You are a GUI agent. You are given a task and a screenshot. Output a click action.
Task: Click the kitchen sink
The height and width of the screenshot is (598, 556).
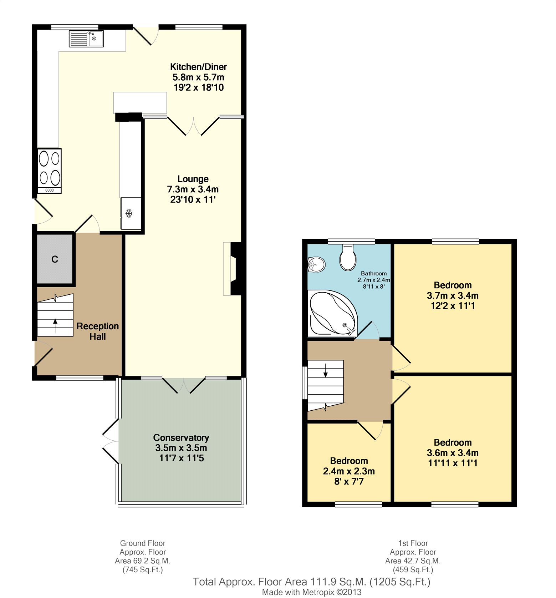pyautogui.click(x=86, y=39)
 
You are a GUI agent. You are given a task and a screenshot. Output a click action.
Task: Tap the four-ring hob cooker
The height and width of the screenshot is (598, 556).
pyautogui.click(x=50, y=171)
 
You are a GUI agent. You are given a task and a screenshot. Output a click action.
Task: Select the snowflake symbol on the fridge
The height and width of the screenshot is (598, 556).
pyautogui.click(x=129, y=213)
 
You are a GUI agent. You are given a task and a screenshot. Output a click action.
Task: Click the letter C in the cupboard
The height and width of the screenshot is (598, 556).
pyautogui.click(x=55, y=259)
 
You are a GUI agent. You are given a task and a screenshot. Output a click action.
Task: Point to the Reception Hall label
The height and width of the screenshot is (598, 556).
pyautogui.click(x=98, y=331)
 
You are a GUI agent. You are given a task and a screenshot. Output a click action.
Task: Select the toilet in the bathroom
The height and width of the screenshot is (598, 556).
pyautogui.click(x=348, y=257)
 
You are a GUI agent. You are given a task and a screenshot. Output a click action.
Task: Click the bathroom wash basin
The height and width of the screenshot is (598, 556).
pyautogui.click(x=316, y=265)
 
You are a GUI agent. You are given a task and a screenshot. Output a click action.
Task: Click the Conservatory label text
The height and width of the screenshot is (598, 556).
pyautogui.click(x=181, y=437)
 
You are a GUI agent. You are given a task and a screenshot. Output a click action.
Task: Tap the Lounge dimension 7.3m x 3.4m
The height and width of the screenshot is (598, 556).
pyautogui.click(x=193, y=189)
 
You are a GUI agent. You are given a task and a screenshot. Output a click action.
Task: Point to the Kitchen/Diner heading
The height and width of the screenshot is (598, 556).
pyautogui.click(x=199, y=67)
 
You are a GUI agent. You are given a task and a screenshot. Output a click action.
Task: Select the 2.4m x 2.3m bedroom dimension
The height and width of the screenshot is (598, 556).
pyautogui.click(x=349, y=471)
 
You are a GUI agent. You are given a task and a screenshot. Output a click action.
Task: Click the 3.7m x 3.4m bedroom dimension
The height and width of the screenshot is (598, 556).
pyautogui.click(x=453, y=295)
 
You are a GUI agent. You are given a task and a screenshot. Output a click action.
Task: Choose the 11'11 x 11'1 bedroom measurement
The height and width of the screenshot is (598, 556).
pyautogui.click(x=453, y=463)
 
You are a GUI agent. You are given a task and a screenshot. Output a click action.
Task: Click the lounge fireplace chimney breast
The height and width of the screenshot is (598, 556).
pyautogui.click(x=236, y=269)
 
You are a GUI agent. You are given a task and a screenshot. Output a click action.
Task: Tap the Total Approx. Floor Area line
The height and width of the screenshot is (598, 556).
pyautogui.click(x=312, y=582)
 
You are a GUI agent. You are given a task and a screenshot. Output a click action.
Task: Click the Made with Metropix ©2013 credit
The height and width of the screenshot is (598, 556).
pyautogui.click(x=312, y=592)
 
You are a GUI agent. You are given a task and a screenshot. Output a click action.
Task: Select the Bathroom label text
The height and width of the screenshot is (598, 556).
pyautogui.click(x=374, y=273)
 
